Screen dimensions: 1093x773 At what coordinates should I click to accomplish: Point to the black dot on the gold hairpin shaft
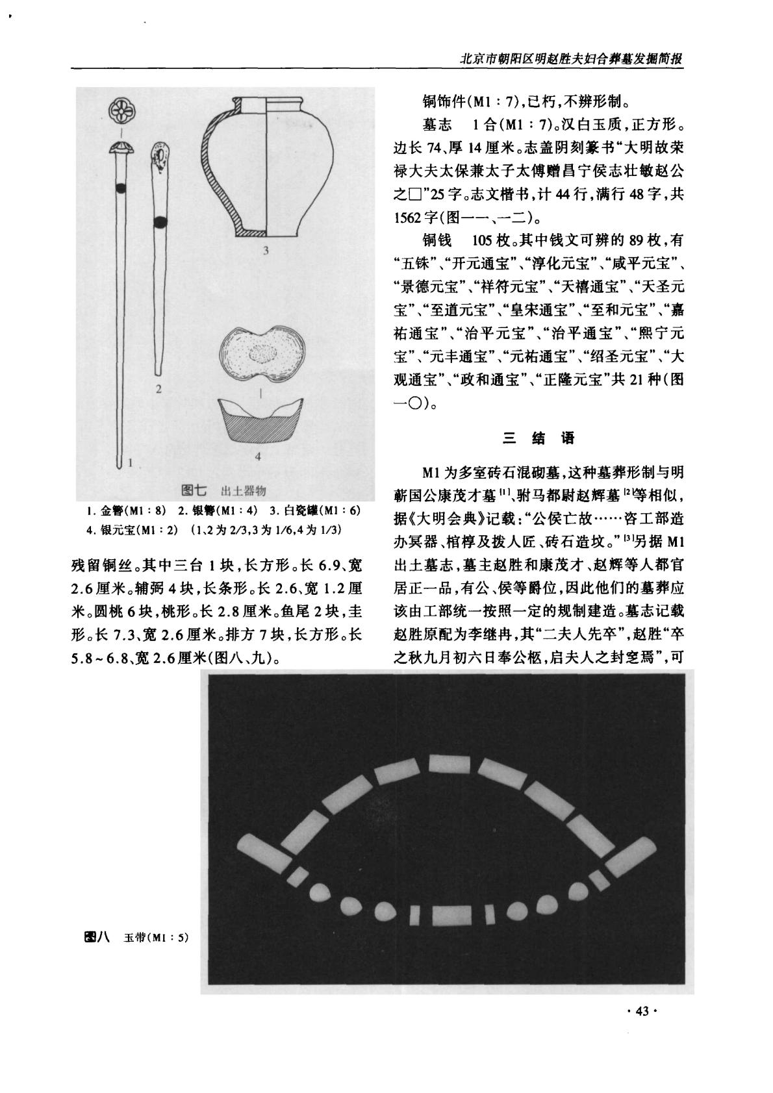(121, 188)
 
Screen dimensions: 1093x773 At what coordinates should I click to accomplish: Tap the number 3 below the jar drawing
(266, 250)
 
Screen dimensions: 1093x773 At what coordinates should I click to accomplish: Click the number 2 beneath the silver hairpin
(158, 389)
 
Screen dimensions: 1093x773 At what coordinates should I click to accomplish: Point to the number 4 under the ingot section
(258, 457)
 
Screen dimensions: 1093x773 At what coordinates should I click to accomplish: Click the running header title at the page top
(572, 57)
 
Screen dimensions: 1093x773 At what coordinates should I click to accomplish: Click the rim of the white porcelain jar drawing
(268, 103)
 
